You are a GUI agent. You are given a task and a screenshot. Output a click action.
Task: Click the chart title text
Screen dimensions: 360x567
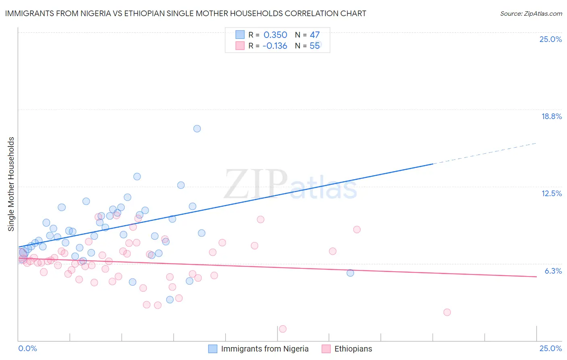click(186, 13)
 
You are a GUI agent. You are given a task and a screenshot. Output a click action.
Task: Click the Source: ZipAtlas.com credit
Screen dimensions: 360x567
click(531, 13)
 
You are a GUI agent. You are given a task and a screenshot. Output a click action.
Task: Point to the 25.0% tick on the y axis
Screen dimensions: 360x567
click(550, 39)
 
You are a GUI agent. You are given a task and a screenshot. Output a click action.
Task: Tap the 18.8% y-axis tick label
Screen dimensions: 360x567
click(551, 116)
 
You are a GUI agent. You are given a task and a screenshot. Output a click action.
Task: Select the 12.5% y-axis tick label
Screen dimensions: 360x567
click(551, 193)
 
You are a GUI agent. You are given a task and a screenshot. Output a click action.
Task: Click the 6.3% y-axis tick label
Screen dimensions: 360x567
click(553, 271)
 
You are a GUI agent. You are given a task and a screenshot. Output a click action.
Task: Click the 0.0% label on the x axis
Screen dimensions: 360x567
click(27, 348)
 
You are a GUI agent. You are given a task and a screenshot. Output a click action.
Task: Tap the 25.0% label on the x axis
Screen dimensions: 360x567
click(550, 348)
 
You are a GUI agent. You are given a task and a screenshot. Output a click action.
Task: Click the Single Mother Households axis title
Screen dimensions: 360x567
click(11, 184)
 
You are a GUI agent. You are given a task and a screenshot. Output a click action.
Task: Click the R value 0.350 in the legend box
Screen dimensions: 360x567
click(275, 35)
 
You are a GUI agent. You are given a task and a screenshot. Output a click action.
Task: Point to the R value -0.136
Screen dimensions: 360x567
click(275, 46)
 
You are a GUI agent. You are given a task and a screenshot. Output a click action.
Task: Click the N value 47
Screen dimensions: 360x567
click(315, 35)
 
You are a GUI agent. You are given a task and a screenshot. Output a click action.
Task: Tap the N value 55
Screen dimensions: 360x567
click(315, 46)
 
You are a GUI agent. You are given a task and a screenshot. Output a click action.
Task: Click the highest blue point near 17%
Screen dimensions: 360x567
click(197, 129)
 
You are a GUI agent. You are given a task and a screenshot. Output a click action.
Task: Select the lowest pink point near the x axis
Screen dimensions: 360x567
click(283, 329)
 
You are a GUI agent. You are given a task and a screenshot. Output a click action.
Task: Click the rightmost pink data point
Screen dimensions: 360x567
click(447, 312)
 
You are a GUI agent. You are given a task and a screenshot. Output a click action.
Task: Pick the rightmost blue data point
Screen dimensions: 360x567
click(350, 273)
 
